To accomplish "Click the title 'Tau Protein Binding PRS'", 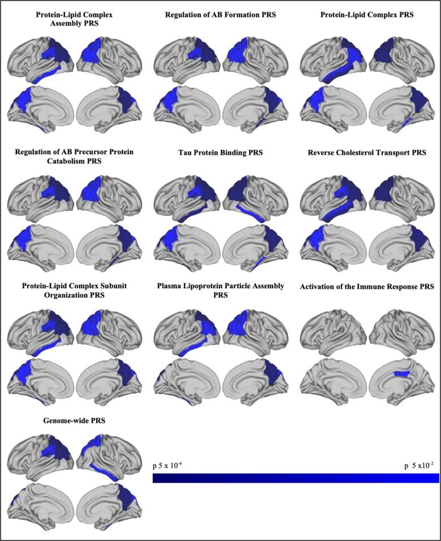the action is tap(220, 153).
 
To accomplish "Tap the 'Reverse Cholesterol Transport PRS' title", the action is tap(367, 153).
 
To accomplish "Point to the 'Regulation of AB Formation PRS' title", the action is tap(220, 15).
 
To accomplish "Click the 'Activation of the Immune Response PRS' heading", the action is tap(367, 287).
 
